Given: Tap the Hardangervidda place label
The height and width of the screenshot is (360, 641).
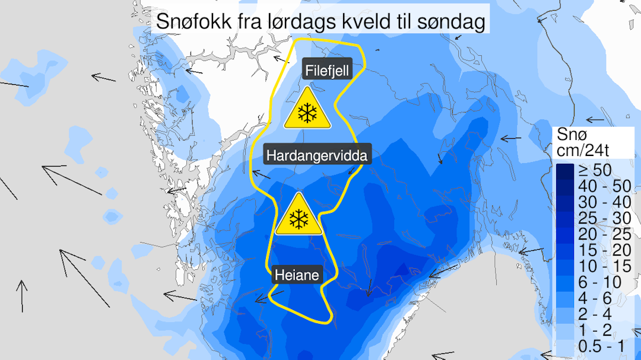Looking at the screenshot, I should pyautogui.click(x=318, y=156).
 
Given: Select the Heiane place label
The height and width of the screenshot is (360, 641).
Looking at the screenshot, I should pyautogui.click(x=297, y=275).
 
